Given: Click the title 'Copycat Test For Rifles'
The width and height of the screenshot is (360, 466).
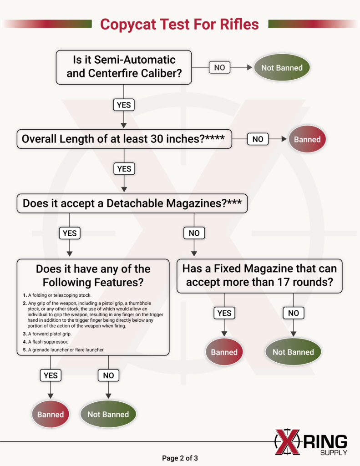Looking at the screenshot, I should click(x=179, y=24).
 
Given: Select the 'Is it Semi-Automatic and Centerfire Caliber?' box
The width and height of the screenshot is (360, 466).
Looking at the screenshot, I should click(x=124, y=67).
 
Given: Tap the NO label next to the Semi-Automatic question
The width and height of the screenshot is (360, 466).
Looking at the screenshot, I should click(x=219, y=67).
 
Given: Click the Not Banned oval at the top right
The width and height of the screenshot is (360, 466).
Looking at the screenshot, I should click(x=282, y=68).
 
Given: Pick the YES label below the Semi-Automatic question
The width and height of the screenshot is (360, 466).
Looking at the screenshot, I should click(x=124, y=105).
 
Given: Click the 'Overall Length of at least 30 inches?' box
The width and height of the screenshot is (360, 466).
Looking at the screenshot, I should click(x=124, y=139).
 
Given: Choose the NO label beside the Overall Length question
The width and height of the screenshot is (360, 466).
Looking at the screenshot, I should click(x=258, y=139).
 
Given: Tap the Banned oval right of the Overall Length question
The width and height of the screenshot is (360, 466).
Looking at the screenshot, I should click(x=307, y=139).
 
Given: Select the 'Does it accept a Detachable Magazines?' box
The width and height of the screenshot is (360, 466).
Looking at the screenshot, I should click(x=132, y=203).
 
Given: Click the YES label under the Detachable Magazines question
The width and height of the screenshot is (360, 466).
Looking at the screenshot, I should click(x=70, y=233).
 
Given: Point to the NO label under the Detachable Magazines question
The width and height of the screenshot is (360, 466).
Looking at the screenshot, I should click(x=194, y=233).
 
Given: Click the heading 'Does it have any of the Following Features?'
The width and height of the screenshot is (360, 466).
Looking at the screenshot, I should click(x=93, y=275).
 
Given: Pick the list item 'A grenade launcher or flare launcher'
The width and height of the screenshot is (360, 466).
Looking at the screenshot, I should click(x=61, y=349).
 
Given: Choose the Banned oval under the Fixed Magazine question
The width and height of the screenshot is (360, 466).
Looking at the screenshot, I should click(x=224, y=352).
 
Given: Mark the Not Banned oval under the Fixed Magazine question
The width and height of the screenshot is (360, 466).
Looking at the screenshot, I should click(x=293, y=352).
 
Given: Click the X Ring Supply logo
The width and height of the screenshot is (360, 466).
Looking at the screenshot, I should click(x=311, y=442).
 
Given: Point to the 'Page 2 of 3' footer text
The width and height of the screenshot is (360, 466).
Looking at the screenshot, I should click(x=180, y=458).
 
